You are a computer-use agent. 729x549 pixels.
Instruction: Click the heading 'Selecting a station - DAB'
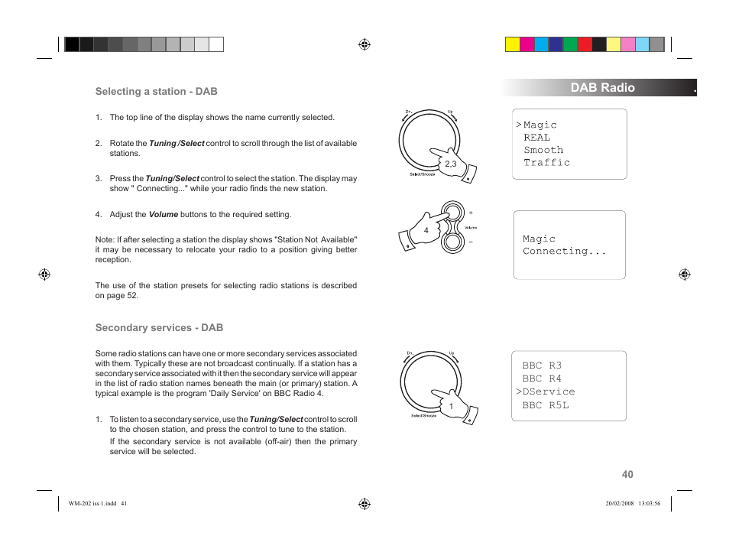coord(156,91)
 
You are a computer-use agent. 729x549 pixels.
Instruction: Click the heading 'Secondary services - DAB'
coord(159,327)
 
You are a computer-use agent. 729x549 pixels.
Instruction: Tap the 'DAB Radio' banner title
coord(602,87)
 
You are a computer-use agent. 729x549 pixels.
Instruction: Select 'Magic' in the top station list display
coord(539,125)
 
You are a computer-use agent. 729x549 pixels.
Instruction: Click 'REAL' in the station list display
coord(536,138)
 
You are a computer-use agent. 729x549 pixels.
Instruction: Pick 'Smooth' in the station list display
coord(543,150)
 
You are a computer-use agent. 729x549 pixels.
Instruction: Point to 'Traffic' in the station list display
coord(546,162)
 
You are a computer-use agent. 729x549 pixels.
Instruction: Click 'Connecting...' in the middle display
coord(564,251)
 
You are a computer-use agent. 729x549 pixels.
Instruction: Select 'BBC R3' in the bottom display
coord(542,365)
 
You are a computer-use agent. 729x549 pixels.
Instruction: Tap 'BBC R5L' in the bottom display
coord(546,404)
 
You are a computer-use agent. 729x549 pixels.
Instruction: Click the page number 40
coord(627,474)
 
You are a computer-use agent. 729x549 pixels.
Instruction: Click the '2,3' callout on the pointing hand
coord(450,164)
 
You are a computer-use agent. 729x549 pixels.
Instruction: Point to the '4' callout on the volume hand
coord(426,230)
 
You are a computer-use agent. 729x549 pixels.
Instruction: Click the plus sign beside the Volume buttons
coord(471,213)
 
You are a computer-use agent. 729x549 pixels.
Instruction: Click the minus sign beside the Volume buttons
coord(471,242)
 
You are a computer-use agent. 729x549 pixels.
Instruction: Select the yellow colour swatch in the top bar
coord(512,44)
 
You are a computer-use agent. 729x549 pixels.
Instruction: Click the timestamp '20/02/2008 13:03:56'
coord(632,503)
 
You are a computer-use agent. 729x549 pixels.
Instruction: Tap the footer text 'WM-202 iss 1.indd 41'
coord(97,503)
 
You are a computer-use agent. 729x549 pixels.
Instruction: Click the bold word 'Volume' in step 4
coord(164,214)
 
